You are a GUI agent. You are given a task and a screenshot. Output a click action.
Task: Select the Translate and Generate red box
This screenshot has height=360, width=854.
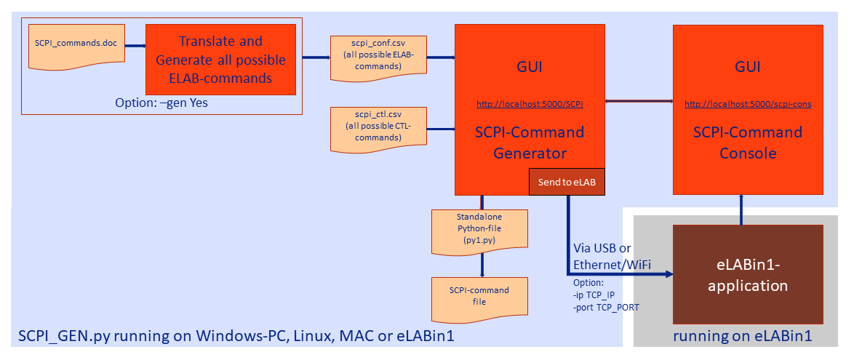click(x=221, y=60)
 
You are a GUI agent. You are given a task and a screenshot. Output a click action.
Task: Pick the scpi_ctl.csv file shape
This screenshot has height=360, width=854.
click(x=378, y=129)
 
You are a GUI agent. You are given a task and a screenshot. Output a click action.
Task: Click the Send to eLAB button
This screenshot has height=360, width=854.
click(x=567, y=183)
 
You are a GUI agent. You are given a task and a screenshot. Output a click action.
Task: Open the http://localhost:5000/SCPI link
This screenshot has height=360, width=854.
click(x=530, y=104)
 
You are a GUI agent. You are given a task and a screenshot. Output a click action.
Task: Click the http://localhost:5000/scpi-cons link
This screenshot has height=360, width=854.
click(x=748, y=104)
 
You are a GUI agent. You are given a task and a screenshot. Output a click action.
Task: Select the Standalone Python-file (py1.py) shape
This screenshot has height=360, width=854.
click(x=479, y=231)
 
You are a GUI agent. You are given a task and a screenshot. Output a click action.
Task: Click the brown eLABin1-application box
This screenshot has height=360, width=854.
click(x=748, y=275)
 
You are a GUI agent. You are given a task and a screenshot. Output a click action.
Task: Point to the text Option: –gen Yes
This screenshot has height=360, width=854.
click(x=161, y=103)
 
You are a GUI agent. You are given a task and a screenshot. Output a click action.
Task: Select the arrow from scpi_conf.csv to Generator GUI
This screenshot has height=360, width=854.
click(x=441, y=57)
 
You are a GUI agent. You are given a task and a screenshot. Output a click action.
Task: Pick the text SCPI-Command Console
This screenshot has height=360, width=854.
click(x=748, y=143)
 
